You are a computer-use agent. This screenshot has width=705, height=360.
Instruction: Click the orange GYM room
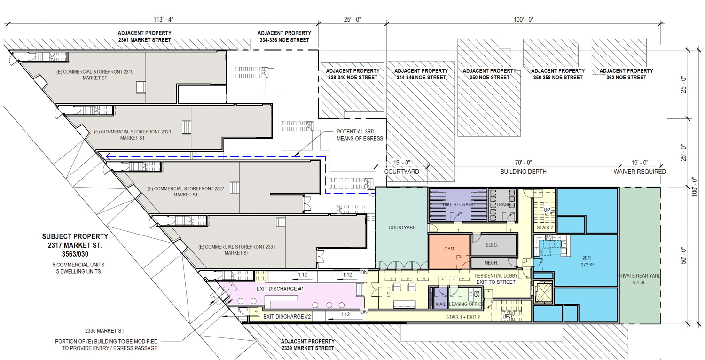point(449,249)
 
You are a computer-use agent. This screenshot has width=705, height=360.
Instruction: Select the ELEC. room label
point(492,245)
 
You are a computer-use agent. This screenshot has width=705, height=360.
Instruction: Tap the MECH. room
point(492,263)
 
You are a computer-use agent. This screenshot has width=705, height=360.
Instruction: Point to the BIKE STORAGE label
point(458,205)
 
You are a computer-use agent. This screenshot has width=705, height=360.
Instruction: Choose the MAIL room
point(440,304)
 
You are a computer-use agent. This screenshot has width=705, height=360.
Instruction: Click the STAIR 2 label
point(544,228)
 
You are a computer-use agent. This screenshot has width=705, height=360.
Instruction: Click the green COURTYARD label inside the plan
point(402,227)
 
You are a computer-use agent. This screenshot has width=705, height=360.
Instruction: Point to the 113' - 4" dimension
point(161,19)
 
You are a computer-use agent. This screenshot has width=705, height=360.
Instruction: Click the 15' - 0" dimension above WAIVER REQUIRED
point(640,163)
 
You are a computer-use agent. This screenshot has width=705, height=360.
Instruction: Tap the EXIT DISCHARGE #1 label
point(280,289)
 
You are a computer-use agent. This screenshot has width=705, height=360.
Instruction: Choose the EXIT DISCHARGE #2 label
point(287,317)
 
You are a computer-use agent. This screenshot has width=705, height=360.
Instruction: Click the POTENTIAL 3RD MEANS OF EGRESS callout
point(360,135)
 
